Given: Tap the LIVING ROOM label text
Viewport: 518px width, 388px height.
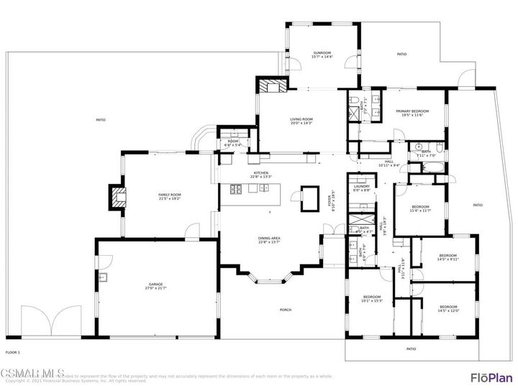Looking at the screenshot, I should tap(301, 121).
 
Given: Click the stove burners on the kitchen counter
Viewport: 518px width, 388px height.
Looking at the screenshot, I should tap(235, 190).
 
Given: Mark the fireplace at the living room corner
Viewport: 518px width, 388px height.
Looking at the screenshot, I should tap(272, 86).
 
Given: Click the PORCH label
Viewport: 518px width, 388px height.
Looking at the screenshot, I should tap(286, 310).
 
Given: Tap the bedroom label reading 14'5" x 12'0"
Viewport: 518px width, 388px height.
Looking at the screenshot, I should tap(448, 308).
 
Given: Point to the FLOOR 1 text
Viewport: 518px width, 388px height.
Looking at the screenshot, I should tap(13, 353).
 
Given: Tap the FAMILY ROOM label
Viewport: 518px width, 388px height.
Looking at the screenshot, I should tap(170, 197).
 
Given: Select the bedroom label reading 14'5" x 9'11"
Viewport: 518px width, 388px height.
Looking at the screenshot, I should tap(447, 257).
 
